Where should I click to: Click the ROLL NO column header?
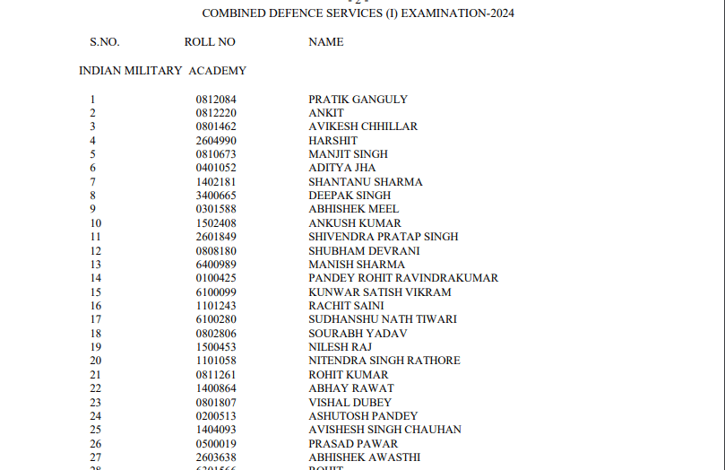[210, 42]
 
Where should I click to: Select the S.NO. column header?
[104, 42]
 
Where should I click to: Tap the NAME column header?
[326, 42]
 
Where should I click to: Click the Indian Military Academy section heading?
[162, 71]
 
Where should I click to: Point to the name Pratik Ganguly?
[358, 100]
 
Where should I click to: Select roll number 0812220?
[216, 113]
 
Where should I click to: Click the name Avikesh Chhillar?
[363, 126]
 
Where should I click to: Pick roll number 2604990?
[216, 141]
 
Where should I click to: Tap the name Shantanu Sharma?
[366, 182]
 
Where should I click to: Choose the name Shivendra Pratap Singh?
[384, 237]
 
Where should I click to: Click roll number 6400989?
[216, 265]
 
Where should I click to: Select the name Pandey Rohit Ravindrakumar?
[403, 278]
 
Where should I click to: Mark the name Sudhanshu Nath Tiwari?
[383, 319]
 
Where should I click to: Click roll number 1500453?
[216, 347]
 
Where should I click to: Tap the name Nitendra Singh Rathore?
[384, 361]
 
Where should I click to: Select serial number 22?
[96, 388]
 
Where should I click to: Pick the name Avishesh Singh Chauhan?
[384, 430]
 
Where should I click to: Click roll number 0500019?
[216, 443]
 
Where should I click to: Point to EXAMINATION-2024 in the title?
[459, 13]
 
